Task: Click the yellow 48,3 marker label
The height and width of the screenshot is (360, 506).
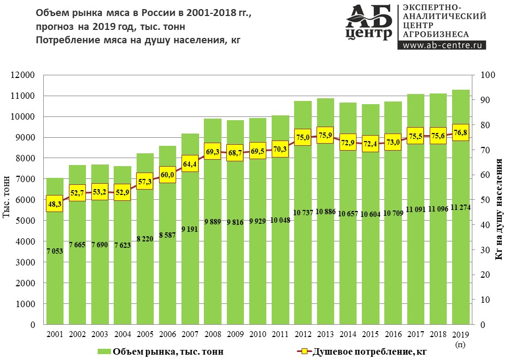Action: (54, 204)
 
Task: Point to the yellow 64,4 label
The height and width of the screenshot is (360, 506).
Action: (190, 163)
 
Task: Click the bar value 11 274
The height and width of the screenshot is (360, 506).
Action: (461, 207)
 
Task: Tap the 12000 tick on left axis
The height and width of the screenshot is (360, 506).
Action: (23, 75)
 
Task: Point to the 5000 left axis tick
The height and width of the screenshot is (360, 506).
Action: (25, 221)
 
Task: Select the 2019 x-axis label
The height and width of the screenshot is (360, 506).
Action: (461, 334)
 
